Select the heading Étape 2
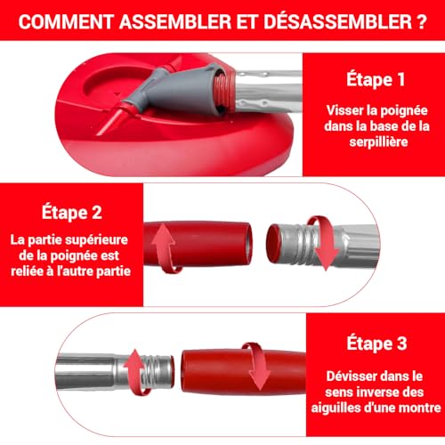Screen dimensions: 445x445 tap(69, 214)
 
